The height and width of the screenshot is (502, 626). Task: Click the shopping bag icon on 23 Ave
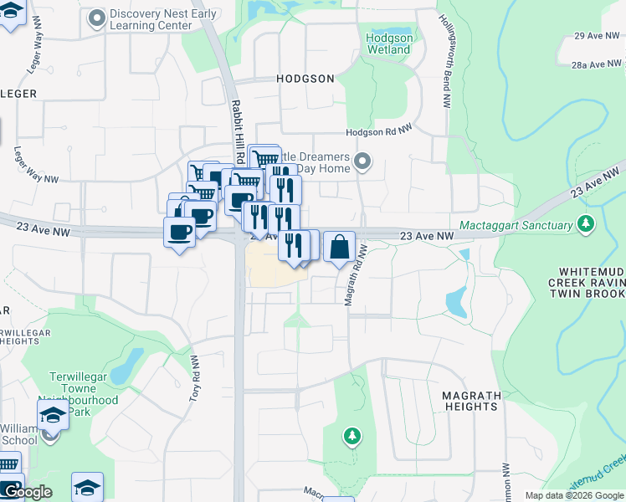click(x=339, y=248)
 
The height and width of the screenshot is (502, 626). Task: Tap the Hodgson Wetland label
click(x=389, y=44)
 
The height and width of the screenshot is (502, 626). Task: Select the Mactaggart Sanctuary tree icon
click(x=587, y=224)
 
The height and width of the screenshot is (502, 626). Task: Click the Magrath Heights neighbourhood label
click(x=472, y=401)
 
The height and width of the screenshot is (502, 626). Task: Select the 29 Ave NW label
click(x=594, y=36)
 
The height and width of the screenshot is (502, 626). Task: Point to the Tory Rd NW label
click(x=193, y=379)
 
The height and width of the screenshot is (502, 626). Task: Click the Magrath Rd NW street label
click(x=356, y=275)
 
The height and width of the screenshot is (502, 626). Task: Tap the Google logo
click(x=27, y=492)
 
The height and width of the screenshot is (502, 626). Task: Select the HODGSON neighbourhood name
click(x=305, y=79)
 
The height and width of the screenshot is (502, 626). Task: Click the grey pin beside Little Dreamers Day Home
click(x=362, y=161)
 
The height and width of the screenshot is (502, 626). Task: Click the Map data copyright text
click(x=573, y=495)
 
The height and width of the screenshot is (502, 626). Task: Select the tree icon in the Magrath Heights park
click(x=352, y=436)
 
